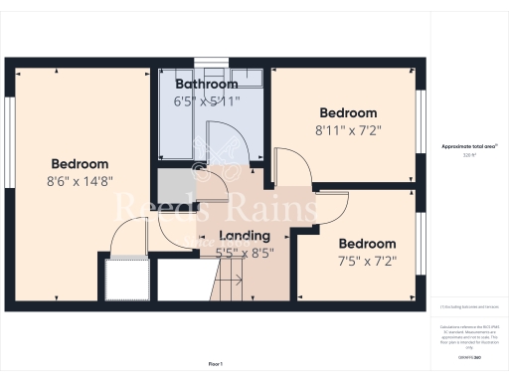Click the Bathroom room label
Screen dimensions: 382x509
pos(206,84)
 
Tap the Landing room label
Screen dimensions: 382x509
pos(244,236)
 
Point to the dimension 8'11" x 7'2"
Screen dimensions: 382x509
pos(348,129)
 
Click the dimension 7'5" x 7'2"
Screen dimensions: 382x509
pos(367,261)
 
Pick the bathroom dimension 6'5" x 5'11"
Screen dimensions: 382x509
pos(206,100)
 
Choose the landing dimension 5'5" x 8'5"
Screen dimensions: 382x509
pos(244,252)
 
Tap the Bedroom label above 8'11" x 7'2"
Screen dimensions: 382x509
pos(348,112)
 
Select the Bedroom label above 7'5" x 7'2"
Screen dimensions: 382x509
pos(367,244)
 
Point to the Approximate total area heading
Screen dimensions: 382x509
pos(469,146)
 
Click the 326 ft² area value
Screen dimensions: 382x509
pos(469,155)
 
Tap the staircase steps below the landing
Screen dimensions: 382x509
pos(234,287)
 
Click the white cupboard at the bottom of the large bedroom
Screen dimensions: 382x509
pos(127,280)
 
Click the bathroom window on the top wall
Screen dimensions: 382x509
pos(209,62)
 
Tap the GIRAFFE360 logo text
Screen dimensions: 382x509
pos(469,355)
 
